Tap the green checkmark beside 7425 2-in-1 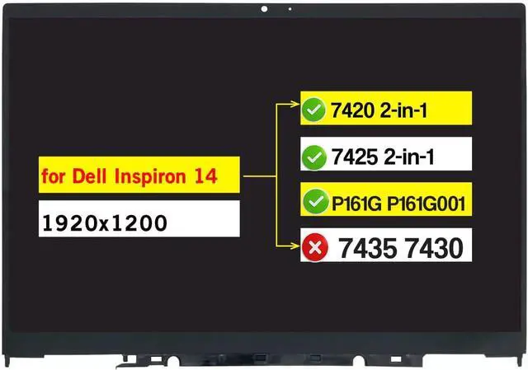pyautogui.click(x=313, y=155)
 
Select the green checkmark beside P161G pyautogui.click(x=313, y=200)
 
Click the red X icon pyautogui.click(x=313, y=244)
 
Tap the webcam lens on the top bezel pyautogui.click(x=265, y=9)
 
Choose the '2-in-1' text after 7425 pyautogui.click(x=404, y=155)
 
